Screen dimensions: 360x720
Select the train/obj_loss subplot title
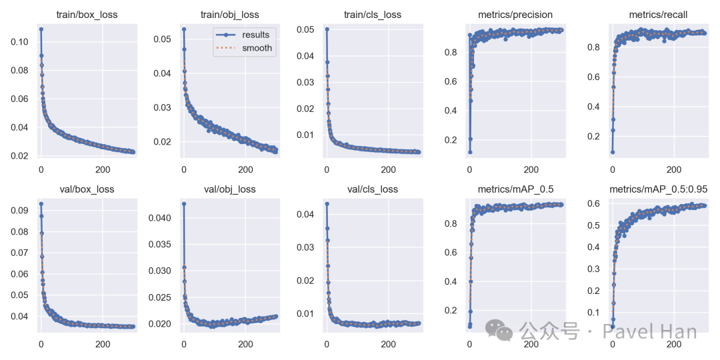pyautogui.click(x=230, y=14)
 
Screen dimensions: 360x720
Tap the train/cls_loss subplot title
pyautogui.click(x=373, y=14)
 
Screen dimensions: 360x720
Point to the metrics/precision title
pyautogui.click(x=515, y=14)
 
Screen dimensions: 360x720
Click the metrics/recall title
pyautogui.click(x=658, y=14)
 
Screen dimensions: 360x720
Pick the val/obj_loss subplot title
pyautogui.click(x=230, y=189)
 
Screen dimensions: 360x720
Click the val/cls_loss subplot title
pyautogui.click(x=373, y=189)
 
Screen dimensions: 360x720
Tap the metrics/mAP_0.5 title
pyautogui.click(x=515, y=189)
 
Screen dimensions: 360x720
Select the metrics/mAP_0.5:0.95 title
pyautogui.click(x=658, y=189)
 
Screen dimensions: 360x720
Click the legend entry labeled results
pyautogui.click(x=256, y=35)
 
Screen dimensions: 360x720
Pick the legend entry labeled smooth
pyautogui.click(x=257, y=48)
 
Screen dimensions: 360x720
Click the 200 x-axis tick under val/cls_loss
pyautogui.click(x=388, y=345)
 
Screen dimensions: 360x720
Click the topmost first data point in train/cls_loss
pyautogui.click(x=327, y=29)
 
